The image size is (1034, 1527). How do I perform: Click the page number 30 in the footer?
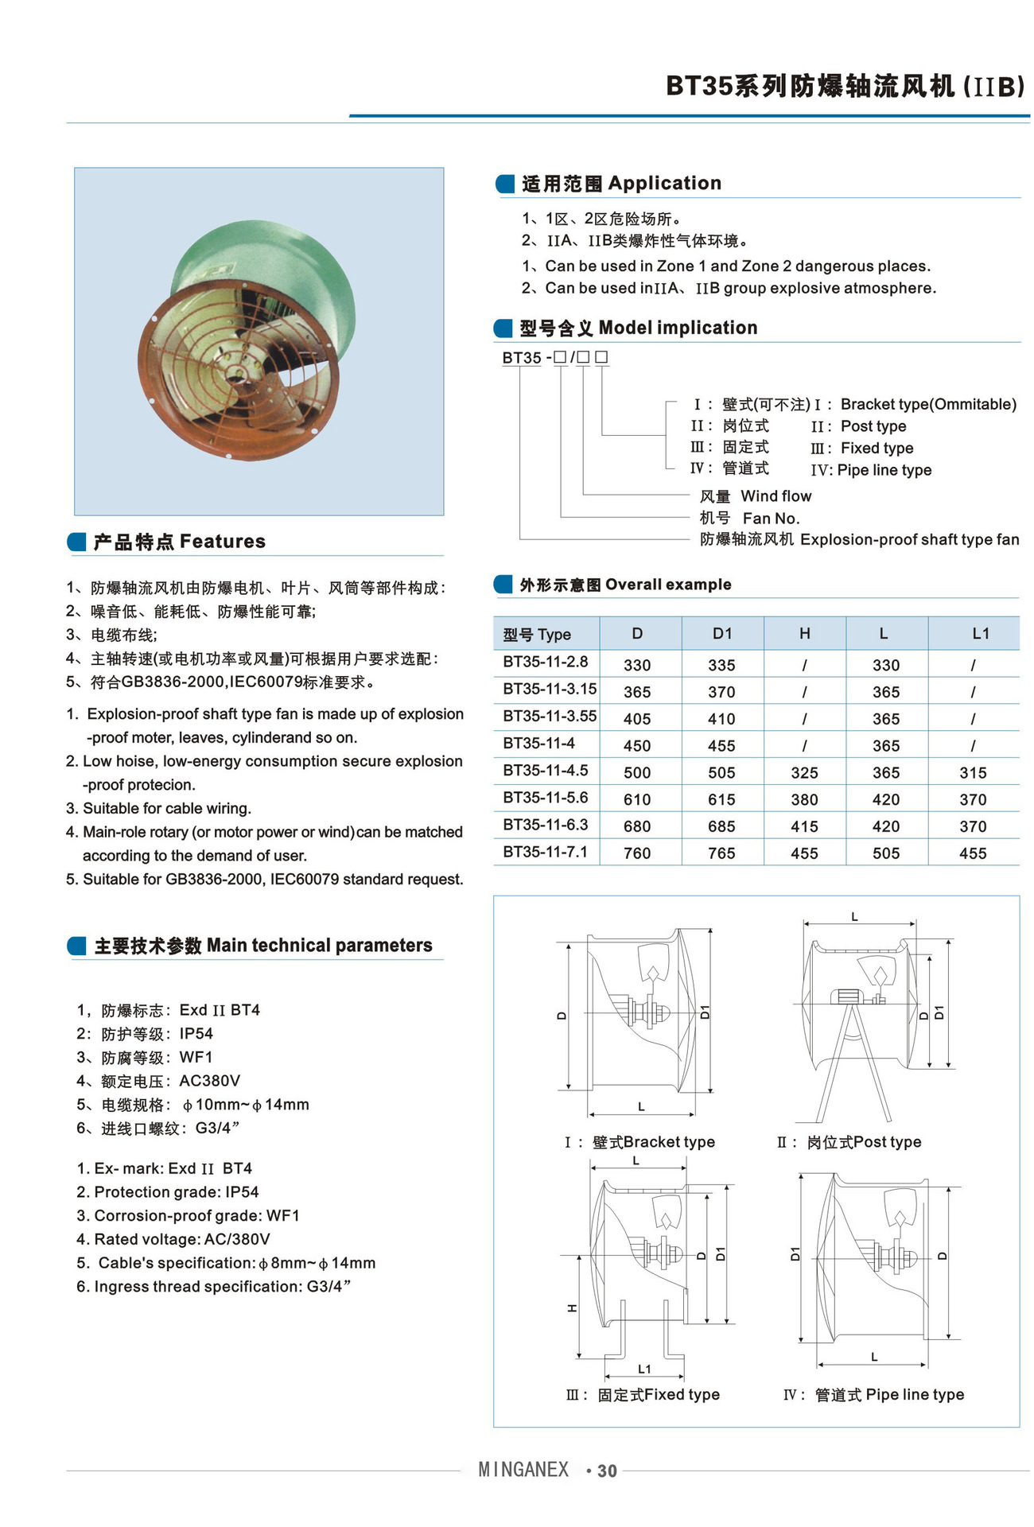click(607, 1471)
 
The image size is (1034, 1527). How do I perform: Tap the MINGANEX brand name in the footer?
click(523, 1470)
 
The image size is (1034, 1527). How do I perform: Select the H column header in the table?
click(804, 633)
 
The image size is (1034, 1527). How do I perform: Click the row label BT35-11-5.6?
click(546, 798)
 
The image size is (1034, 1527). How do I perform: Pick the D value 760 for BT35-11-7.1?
click(637, 853)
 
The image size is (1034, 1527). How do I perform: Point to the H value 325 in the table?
click(804, 772)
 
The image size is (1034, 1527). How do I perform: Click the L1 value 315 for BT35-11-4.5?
click(973, 772)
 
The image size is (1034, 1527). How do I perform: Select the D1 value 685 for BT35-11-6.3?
click(721, 826)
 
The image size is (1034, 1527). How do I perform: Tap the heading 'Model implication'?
click(678, 328)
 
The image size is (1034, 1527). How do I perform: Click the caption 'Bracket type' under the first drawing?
click(669, 1142)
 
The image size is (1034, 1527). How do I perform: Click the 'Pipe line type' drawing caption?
click(915, 1394)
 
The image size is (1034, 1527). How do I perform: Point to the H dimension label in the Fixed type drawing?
click(572, 1308)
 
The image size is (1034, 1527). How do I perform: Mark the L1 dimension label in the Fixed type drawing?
click(644, 1369)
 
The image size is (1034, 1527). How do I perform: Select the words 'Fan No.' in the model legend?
click(771, 519)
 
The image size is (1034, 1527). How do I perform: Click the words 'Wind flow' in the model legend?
click(775, 496)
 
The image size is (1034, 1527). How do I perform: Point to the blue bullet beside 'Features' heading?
click(76, 542)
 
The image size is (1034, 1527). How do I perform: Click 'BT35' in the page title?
click(698, 86)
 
